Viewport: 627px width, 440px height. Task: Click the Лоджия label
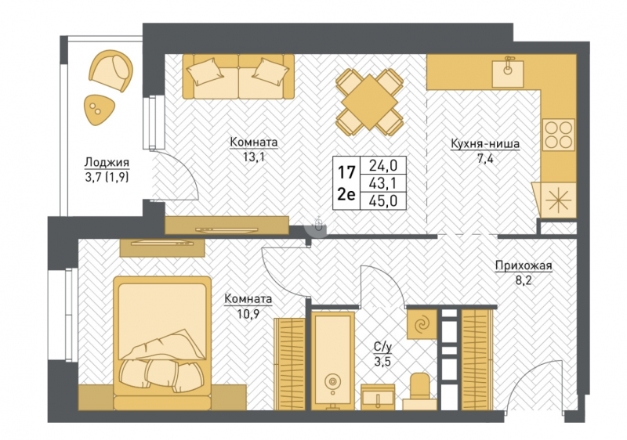[107, 162]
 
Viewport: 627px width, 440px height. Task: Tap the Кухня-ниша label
[485, 144]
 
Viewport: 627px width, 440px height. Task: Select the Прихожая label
[524, 265]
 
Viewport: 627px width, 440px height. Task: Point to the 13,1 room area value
[254, 157]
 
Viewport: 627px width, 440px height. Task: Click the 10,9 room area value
[248, 314]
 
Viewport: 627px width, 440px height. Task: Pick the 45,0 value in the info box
[382, 201]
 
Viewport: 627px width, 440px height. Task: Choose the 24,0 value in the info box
[382, 165]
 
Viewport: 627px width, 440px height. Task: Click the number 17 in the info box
[346, 173]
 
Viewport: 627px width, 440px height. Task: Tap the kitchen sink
[507, 72]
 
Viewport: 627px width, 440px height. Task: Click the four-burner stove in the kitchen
[559, 135]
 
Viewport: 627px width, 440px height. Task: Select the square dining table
[369, 102]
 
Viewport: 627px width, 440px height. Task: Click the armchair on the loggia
[111, 71]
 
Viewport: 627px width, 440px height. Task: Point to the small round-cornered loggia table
[99, 110]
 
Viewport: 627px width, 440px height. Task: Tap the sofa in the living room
[238, 76]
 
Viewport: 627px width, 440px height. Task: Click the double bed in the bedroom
[162, 344]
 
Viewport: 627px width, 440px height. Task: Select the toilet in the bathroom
[419, 391]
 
